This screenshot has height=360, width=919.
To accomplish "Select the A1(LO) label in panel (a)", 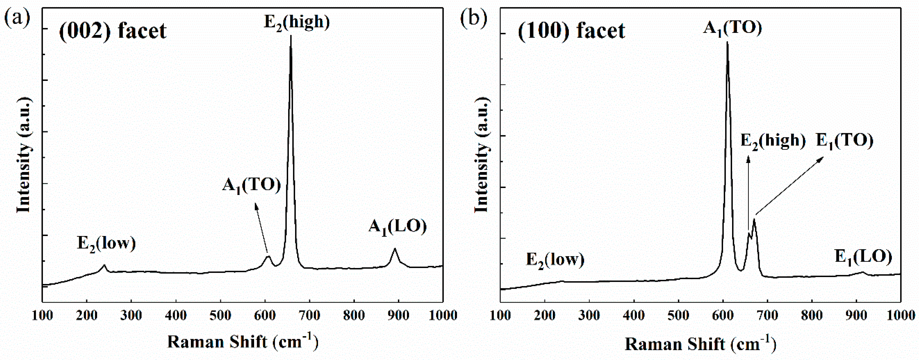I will pyautogui.click(x=397, y=227).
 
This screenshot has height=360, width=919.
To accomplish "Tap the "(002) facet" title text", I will pyautogui.click(x=112, y=31).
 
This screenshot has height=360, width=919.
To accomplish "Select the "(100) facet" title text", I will pyautogui.click(x=571, y=31).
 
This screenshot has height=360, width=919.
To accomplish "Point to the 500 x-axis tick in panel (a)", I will pyautogui.click(x=220, y=315).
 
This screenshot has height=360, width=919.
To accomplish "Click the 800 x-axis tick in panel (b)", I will pyautogui.click(x=812, y=315).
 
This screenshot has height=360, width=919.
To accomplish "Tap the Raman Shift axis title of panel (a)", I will pyautogui.click(x=243, y=342).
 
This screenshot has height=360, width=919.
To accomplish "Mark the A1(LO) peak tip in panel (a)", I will pyautogui.click(x=395, y=249).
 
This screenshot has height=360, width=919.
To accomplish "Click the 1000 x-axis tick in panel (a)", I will pyautogui.click(x=442, y=315).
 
